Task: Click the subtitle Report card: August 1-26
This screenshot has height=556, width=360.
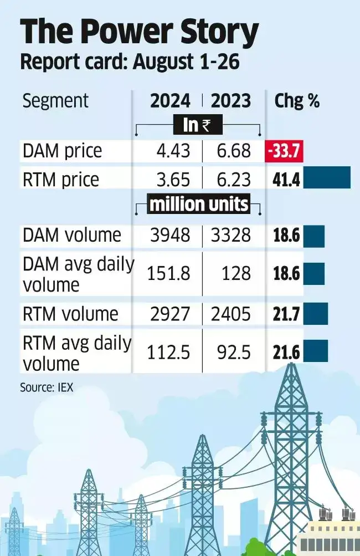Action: click(130, 62)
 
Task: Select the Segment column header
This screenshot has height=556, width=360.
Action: click(55, 101)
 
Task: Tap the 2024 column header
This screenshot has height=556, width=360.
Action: click(170, 101)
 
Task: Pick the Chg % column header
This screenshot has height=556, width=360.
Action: click(297, 101)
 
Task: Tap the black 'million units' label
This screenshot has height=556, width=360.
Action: click(198, 205)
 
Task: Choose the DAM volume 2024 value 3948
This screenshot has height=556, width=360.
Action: click(169, 235)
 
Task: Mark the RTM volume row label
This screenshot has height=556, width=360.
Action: click(70, 314)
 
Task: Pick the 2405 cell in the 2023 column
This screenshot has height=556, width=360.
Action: click(231, 314)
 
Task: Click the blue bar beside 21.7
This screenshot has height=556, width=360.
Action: click(316, 314)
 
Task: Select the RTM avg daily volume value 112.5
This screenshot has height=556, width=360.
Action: click(168, 353)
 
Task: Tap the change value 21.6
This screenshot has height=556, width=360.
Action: click(286, 353)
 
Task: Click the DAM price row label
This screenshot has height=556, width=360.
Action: click(62, 151)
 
